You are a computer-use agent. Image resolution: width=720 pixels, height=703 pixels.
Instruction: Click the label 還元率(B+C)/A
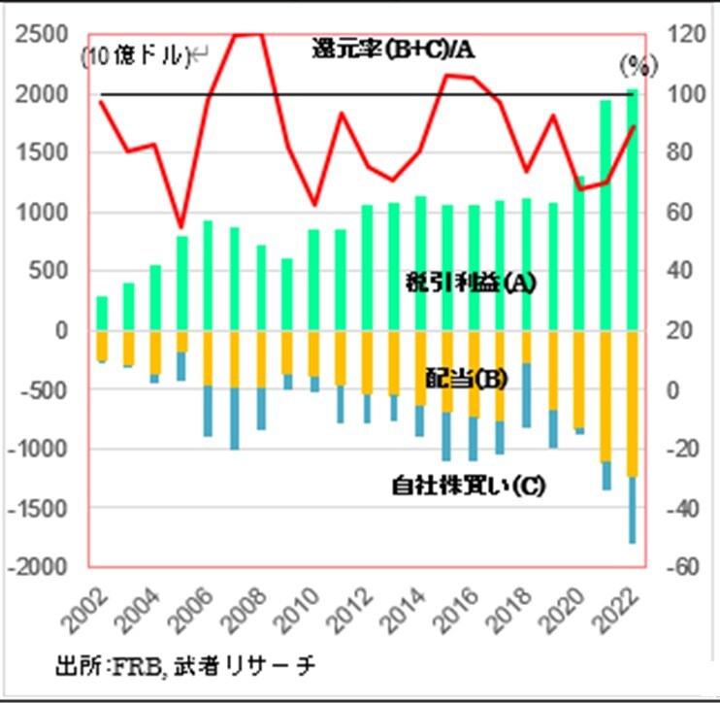(x=393, y=48)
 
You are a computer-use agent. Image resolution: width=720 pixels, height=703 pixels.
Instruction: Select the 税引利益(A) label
(x=471, y=283)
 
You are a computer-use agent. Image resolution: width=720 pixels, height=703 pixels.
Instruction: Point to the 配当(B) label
(x=466, y=379)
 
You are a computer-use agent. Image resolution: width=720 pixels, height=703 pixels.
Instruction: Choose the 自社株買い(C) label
(x=468, y=484)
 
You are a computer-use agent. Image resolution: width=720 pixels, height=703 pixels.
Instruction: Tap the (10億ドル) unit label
(x=136, y=57)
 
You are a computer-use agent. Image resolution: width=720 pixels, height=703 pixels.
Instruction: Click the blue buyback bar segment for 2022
(x=632, y=510)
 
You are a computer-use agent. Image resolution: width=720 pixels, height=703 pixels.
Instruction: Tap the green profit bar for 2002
(x=101, y=313)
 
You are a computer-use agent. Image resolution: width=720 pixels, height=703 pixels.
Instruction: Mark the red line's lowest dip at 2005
(x=180, y=226)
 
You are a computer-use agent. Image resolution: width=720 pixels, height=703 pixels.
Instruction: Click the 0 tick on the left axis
(x=59, y=331)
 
